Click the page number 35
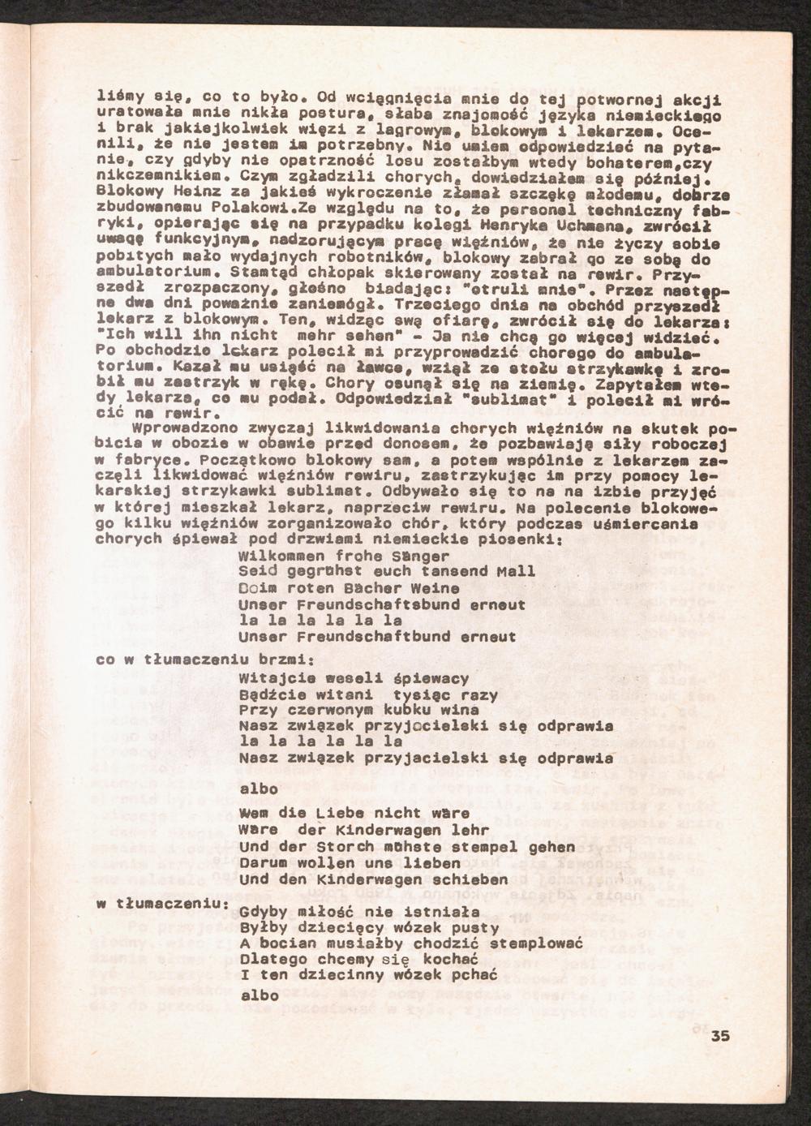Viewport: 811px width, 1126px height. point(721,1036)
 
